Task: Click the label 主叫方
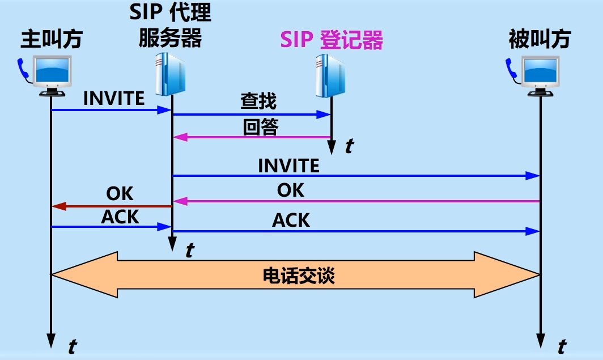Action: coord(52,39)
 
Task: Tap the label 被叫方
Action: coord(540,39)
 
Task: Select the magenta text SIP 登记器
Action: coord(332,40)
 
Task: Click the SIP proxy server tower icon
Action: coord(171,73)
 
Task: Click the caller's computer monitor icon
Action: coord(54,74)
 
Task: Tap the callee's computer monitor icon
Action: coord(542,74)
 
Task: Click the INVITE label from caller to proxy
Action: coord(114,98)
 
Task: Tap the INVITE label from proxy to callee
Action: coord(288,166)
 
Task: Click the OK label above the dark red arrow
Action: coord(120,194)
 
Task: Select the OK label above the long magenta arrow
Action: coord(291,190)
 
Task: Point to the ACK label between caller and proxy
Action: coord(120,217)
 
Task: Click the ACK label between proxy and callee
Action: coord(291,220)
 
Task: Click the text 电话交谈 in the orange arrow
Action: coord(299,276)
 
